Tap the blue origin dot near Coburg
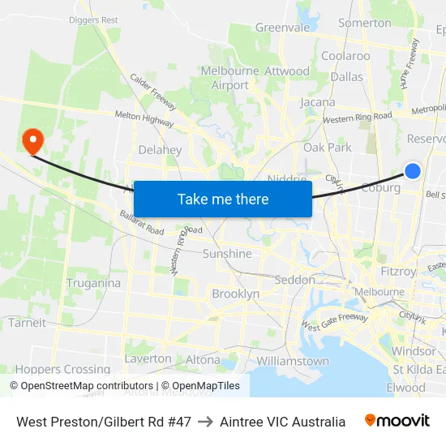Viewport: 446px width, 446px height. coord(413,171)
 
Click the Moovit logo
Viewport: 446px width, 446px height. coord(397,421)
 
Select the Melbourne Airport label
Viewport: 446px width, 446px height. coord(229,78)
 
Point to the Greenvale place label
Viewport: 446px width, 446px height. coord(283,27)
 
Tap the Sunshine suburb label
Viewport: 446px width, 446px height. coord(227,254)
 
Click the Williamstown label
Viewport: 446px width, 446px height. coord(293,361)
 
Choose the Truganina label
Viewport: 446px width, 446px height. coord(93,283)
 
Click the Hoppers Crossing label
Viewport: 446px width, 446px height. coord(52,369)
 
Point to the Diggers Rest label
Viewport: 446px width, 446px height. coord(93,19)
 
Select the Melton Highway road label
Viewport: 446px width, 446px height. coord(144,119)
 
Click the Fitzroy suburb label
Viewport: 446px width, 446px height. coord(398,271)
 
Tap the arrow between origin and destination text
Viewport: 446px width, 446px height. coord(205,422)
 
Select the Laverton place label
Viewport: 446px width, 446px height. coord(148,358)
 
